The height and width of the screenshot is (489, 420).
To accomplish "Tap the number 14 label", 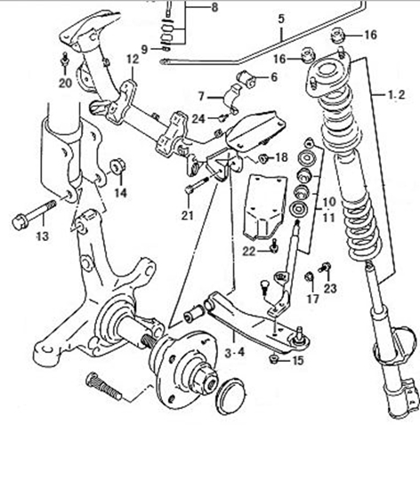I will click(x=119, y=192).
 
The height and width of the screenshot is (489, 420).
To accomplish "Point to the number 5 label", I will click(x=280, y=18).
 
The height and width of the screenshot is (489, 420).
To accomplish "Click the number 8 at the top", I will click(x=214, y=7).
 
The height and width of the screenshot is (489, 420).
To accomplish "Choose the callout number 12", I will click(x=131, y=60).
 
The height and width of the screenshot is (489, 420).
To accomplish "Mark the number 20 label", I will click(x=64, y=84).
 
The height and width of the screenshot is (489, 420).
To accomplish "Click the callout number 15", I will click(x=297, y=360).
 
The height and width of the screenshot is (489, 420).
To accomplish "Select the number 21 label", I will click(x=186, y=214).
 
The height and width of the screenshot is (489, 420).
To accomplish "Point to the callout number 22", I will click(x=251, y=252).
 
